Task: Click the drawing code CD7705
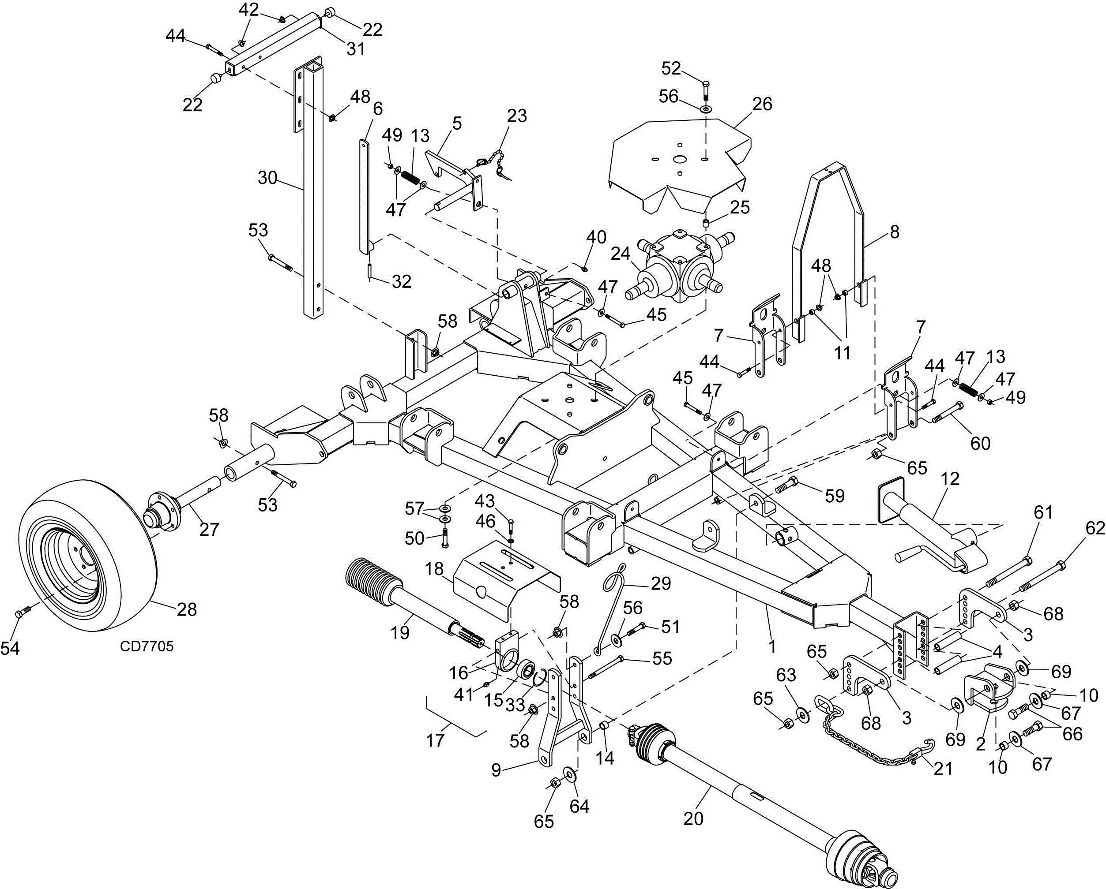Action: coord(147,646)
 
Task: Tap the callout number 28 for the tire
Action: coord(186,609)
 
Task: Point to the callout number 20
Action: coord(693,819)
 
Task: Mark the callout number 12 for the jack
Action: coord(951,479)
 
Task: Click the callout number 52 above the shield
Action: coord(671,68)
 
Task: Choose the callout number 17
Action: coord(435,740)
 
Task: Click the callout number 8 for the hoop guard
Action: coord(895,232)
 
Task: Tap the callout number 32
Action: coord(401,281)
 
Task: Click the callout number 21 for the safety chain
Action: coord(943,769)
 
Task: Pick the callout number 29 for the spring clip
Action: coord(661,583)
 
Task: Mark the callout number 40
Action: coord(596,237)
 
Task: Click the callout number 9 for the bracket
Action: coord(496,770)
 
